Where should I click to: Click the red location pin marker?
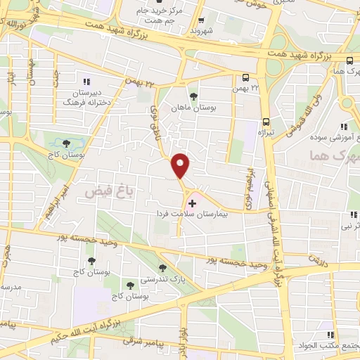tap(181, 165)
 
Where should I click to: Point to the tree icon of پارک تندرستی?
tap(163, 268)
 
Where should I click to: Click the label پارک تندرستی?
tap(164, 279)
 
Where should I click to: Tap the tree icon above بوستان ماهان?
tap(193, 97)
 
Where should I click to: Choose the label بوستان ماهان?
tap(193, 108)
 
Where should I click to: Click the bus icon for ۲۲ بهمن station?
tap(245, 78)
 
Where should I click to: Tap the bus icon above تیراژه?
tap(266, 122)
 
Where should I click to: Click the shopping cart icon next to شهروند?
tap(202, 20)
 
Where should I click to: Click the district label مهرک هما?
tap(335, 158)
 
